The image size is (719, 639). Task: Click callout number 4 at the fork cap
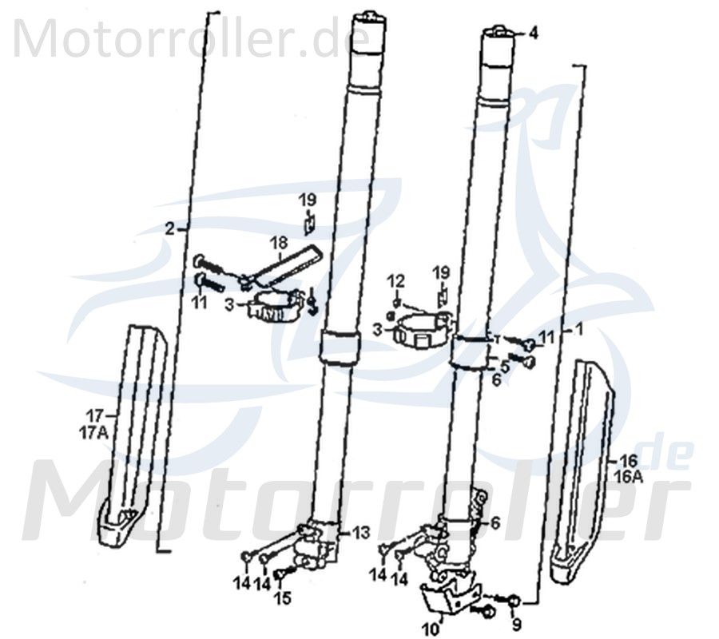click(533, 34)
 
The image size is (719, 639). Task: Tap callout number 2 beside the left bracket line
click(169, 228)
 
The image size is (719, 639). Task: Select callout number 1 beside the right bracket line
click(580, 328)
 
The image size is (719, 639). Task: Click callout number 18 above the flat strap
click(277, 242)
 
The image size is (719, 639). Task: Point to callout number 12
click(397, 280)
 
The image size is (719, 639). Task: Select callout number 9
click(516, 623)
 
